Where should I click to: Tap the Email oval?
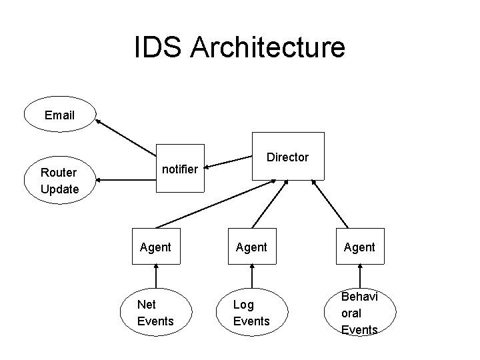(x=60, y=115)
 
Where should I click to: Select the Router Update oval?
(x=60, y=180)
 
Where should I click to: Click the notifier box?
(x=180, y=169)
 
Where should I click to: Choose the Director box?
(x=287, y=157)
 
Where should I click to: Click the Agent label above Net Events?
(x=155, y=247)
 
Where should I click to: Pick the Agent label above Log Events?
(x=251, y=247)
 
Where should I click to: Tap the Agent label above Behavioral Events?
(x=359, y=247)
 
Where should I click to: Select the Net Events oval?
(x=155, y=313)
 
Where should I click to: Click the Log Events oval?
(x=251, y=313)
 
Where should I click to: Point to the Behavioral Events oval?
(x=359, y=313)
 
